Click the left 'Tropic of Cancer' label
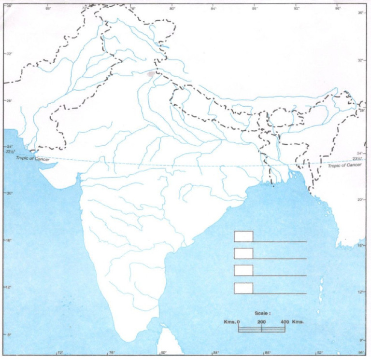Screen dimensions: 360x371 click(32, 158)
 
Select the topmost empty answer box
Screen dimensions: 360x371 click(243, 236)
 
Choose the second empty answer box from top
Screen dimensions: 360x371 click(243, 253)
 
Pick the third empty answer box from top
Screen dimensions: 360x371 click(243, 270)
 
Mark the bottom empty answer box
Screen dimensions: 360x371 click(243, 288)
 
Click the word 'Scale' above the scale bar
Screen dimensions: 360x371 click(262, 313)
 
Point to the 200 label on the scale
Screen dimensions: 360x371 click(261, 322)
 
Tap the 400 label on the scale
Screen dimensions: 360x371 click(285, 322)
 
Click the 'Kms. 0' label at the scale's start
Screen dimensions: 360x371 click(231, 322)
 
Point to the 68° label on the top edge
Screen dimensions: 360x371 click(48, 8)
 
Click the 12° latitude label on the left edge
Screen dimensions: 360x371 click(8, 287)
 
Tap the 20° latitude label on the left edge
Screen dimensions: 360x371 click(8, 193)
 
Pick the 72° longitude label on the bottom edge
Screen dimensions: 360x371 click(60, 353)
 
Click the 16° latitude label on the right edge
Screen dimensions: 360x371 click(359, 246)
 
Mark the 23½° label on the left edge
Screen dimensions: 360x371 click(8, 152)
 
